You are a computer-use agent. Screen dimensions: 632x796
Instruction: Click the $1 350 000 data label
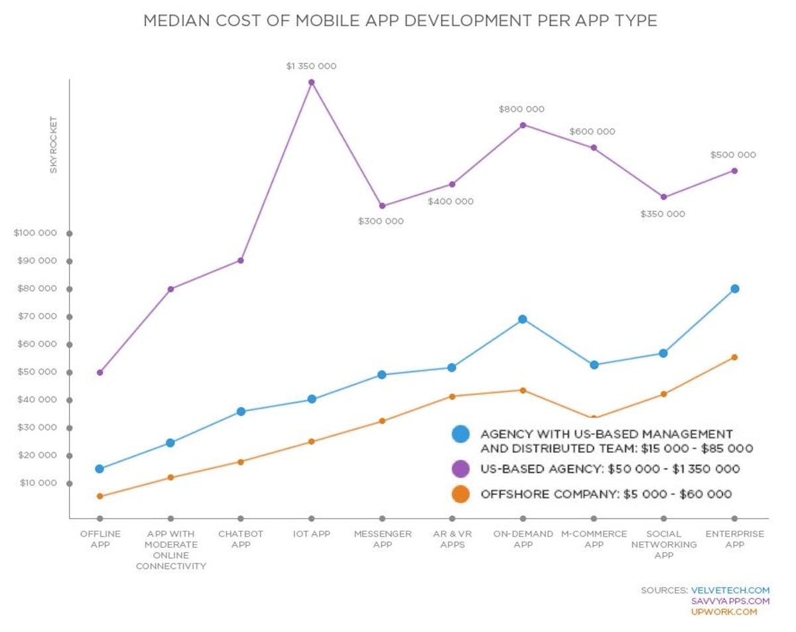coord(311,66)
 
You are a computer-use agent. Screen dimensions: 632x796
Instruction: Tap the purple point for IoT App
coord(311,82)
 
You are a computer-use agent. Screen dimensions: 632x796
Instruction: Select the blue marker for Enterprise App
coord(734,288)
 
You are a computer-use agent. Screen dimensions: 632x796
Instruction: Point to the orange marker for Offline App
coord(99,496)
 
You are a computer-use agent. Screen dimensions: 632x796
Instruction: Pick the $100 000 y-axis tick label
coord(35,233)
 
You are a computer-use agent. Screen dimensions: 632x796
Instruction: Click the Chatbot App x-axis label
coord(241,539)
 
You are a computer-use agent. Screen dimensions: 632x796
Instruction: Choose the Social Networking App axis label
coord(664,544)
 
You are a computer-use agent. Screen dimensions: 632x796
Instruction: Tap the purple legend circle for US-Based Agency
coord(460,469)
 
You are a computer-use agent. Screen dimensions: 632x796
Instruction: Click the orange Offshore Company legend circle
coord(460,494)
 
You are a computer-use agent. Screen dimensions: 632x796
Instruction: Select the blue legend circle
coord(460,434)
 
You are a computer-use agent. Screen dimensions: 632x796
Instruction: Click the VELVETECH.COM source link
coord(730,590)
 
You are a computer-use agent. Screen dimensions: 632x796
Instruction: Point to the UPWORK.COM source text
coord(724,612)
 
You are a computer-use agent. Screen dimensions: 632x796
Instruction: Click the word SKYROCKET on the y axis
coord(54,145)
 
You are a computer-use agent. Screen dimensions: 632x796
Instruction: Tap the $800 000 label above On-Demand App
coord(522,109)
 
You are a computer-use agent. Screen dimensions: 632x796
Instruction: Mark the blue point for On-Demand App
coord(523,319)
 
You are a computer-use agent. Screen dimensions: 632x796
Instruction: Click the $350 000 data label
coord(663,214)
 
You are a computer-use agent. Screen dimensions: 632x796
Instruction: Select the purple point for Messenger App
coord(382,206)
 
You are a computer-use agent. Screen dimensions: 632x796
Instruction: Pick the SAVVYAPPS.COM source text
coord(730,601)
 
